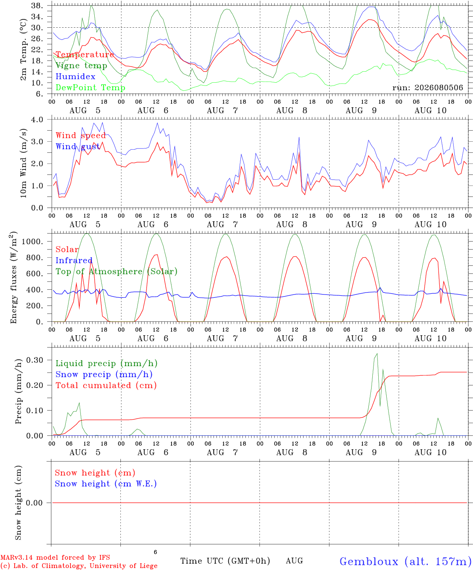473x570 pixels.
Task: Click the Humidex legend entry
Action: (x=75, y=76)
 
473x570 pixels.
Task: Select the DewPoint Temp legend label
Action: (x=90, y=87)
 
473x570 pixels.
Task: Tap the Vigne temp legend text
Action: (x=81, y=66)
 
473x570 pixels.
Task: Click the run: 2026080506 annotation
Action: (x=427, y=87)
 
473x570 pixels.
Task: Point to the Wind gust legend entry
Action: (x=78, y=146)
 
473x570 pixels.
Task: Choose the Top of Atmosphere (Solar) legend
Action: (x=116, y=272)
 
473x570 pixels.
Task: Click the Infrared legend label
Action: (x=74, y=260)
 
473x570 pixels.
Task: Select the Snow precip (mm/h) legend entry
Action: (x=104, y=374)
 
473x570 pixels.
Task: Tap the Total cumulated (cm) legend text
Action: (x=106, y=385)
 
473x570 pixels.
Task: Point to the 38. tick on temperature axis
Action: (x=37, y=6)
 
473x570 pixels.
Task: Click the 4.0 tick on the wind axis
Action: (x=37, y=120)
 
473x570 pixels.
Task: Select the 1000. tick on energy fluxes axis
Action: (x=32, y=241)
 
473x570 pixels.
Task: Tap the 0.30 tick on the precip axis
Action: (x=35, y=360)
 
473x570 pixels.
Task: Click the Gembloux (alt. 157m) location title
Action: (x=406, y=561)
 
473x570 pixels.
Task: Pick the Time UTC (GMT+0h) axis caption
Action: (x=225, y=561)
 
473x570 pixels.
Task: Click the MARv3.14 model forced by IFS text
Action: (x=55, y=557)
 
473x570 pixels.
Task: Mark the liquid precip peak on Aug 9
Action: (x=377, y=353)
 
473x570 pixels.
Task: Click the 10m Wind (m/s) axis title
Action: (x=23, y=163)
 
